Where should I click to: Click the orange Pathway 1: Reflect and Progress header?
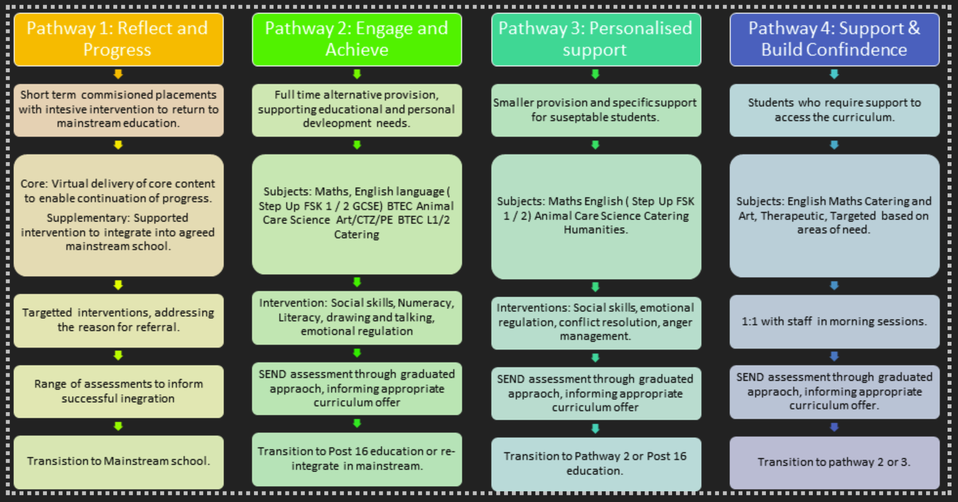tap(119, 39)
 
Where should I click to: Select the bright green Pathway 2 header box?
tap(357, 39)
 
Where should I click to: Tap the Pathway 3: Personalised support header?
tap(596, 39)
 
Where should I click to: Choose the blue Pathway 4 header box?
tap(834, 39)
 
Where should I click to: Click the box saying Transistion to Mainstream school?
tap(119, 462)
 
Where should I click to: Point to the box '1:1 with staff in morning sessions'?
tap(834, 321)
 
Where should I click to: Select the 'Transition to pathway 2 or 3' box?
tap(834, 463)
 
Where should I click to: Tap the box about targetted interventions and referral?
tap(119, 320)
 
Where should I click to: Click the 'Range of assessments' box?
tap(119, 391)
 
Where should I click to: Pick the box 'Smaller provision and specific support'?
tap(596, 110)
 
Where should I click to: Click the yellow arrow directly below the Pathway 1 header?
tap(118, 74)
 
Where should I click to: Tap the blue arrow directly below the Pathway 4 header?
tap(834, 74)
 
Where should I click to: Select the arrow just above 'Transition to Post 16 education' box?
tap(357, 423)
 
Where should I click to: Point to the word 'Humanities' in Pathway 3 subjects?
tap(596, 230)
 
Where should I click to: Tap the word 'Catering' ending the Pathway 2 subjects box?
tap(357, 235)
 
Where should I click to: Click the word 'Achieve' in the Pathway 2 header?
tap(357, 50)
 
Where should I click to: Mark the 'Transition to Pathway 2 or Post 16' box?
tap(596, 464)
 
